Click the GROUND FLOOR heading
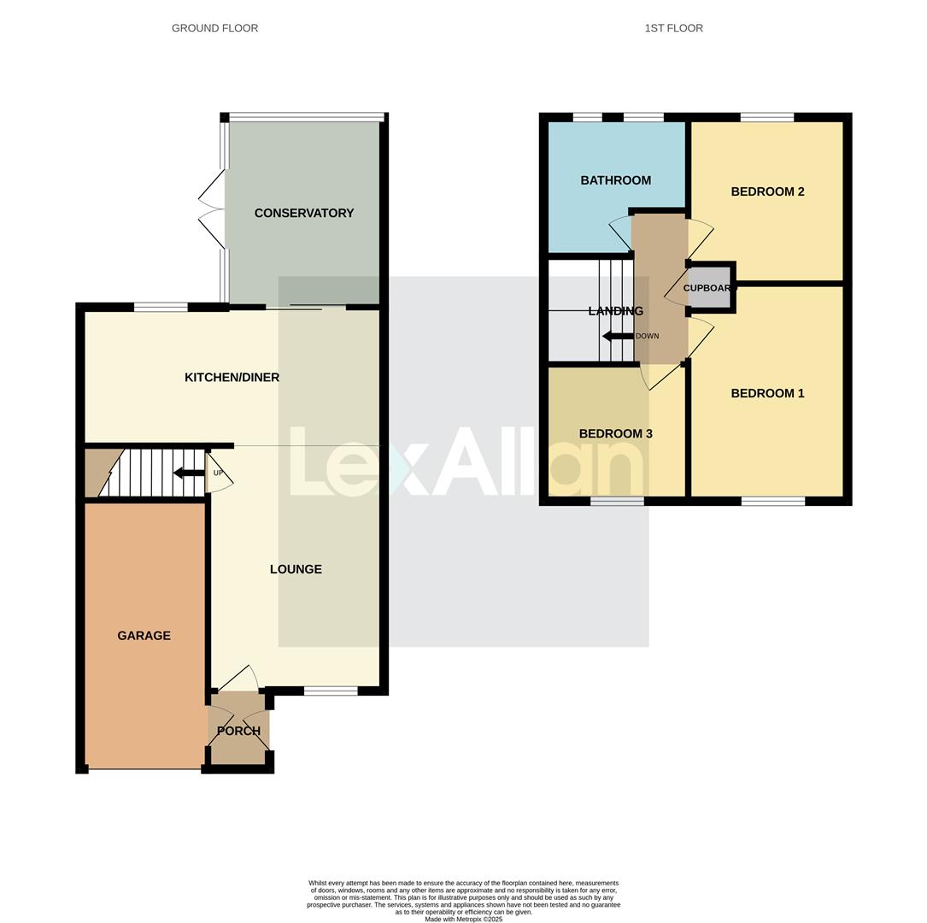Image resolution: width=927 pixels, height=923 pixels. pos(214,28)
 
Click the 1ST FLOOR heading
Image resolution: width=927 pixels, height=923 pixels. pos(673,28)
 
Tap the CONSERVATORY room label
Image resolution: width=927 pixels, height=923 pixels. pos(303,213)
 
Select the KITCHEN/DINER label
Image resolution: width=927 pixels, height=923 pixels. pos(232,377)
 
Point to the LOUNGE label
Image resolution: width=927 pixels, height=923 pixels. pos(296,569)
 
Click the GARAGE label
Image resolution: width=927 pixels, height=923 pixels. pos(144,635)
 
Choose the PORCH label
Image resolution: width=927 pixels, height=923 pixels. pos(238,731)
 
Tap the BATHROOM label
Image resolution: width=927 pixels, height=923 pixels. pos(615,180)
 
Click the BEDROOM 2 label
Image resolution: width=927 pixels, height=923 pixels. pos(767,191)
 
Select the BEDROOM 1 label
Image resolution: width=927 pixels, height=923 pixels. pos(767,393)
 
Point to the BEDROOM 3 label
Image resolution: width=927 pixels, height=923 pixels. pos(615,433)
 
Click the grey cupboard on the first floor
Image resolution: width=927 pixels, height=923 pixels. pos(710,288)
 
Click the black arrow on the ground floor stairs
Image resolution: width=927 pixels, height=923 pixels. pos(188,473)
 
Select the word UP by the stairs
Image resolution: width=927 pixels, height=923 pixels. pos(218,473)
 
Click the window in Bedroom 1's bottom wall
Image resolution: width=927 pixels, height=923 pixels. pos(772,501)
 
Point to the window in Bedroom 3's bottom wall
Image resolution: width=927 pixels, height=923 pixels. pos(617,501)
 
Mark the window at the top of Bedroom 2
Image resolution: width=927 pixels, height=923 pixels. pos(766,117)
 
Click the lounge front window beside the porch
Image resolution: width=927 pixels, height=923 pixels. pos(331,691)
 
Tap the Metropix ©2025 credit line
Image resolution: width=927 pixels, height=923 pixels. pos(463,920)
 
